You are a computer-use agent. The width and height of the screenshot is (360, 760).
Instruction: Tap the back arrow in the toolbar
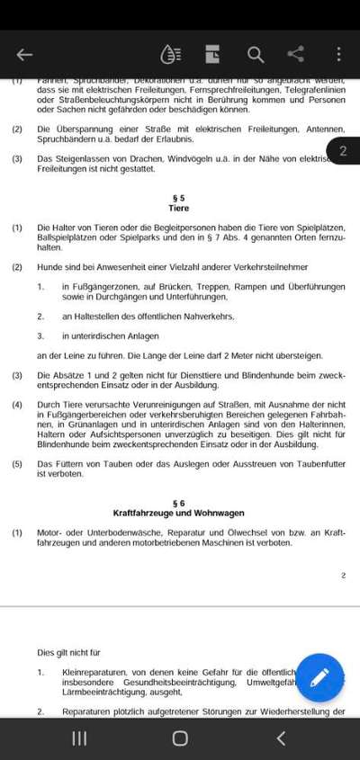(x=24, y=55)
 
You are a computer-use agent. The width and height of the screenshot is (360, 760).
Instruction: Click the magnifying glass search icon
(x=256, y=55)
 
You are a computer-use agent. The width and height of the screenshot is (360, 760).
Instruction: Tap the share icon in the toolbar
(x=295, y=55)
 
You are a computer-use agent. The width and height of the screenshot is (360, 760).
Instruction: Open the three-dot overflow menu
(x=338, y=55)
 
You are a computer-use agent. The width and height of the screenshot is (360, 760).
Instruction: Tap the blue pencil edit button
(x=319, y=677)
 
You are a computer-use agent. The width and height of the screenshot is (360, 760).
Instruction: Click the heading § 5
(x=178, y=197)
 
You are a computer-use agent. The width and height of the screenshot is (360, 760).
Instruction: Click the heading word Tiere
(x=178, y=208)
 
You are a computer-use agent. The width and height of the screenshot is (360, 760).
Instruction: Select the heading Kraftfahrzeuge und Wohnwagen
(x=178, y=514)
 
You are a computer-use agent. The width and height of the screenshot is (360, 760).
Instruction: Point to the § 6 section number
(x=178, y=503)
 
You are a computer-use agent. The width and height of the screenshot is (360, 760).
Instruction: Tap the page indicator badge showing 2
(x=343, y=151)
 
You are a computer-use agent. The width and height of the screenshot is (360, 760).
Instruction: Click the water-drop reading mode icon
(x=170, y=55)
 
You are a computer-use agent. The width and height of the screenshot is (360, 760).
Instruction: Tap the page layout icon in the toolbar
(x=212, y=55)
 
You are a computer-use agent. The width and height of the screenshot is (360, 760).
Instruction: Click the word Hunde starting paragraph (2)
(x=49, y=267)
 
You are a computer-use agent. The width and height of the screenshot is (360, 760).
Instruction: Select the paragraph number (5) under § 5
(x=17, y=464)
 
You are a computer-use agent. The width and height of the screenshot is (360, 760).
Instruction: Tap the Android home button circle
(x=180, y=738)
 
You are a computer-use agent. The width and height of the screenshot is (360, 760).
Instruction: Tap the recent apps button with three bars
(x=79, y=738)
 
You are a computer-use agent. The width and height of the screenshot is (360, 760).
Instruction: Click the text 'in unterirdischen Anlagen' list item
(x=110, y=335)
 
